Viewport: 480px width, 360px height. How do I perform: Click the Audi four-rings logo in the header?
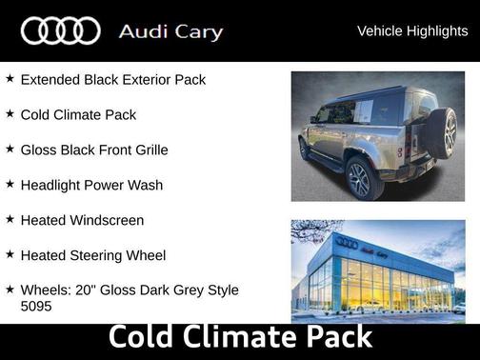(x=60, y=31)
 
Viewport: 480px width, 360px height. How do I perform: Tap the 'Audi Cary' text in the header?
(x=170, y=31)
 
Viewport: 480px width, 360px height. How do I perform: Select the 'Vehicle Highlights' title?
(x=412, y=31)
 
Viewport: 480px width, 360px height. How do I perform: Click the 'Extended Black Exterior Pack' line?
(x=112, y=79)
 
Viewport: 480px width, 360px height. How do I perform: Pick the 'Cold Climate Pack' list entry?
(x=78, y=114)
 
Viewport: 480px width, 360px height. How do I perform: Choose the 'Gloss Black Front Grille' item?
(x=94, y=150)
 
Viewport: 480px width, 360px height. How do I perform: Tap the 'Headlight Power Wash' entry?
(x=91, y=185)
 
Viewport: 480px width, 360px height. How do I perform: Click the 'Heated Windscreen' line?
(x=82, y=220)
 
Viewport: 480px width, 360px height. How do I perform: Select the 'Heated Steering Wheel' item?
(x=92, y=255)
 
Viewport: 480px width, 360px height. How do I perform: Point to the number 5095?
(x=36, y=308)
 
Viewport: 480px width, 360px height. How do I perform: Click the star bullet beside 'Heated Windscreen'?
(x=10, y=219)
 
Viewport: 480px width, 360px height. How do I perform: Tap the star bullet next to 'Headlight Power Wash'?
(x=10, y=184)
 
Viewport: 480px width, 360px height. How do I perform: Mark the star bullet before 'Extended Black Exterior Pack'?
(x=10, y=78)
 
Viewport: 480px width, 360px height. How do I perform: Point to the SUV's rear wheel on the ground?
(x=359, y=177)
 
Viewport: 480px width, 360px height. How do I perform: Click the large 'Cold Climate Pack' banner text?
(x=240, y=338)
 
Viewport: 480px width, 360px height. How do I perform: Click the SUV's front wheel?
(x=304, y=149)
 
